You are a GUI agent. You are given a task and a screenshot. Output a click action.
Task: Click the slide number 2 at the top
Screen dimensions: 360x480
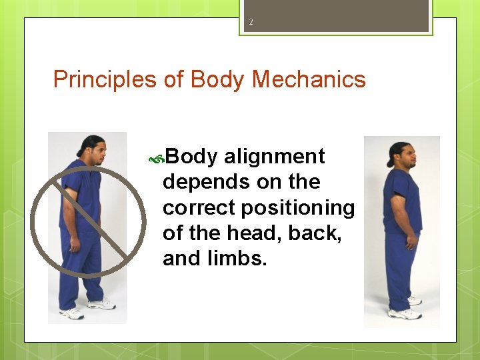coord(251,23)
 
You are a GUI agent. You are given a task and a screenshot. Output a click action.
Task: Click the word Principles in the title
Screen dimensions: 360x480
coord(105,80)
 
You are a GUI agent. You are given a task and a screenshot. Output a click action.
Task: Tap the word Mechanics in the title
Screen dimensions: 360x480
coord(309,80)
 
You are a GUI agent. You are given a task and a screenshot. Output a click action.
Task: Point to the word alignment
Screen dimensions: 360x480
coord(274,157)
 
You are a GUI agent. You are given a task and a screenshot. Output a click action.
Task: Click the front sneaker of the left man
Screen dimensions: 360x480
coord(101,304)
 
